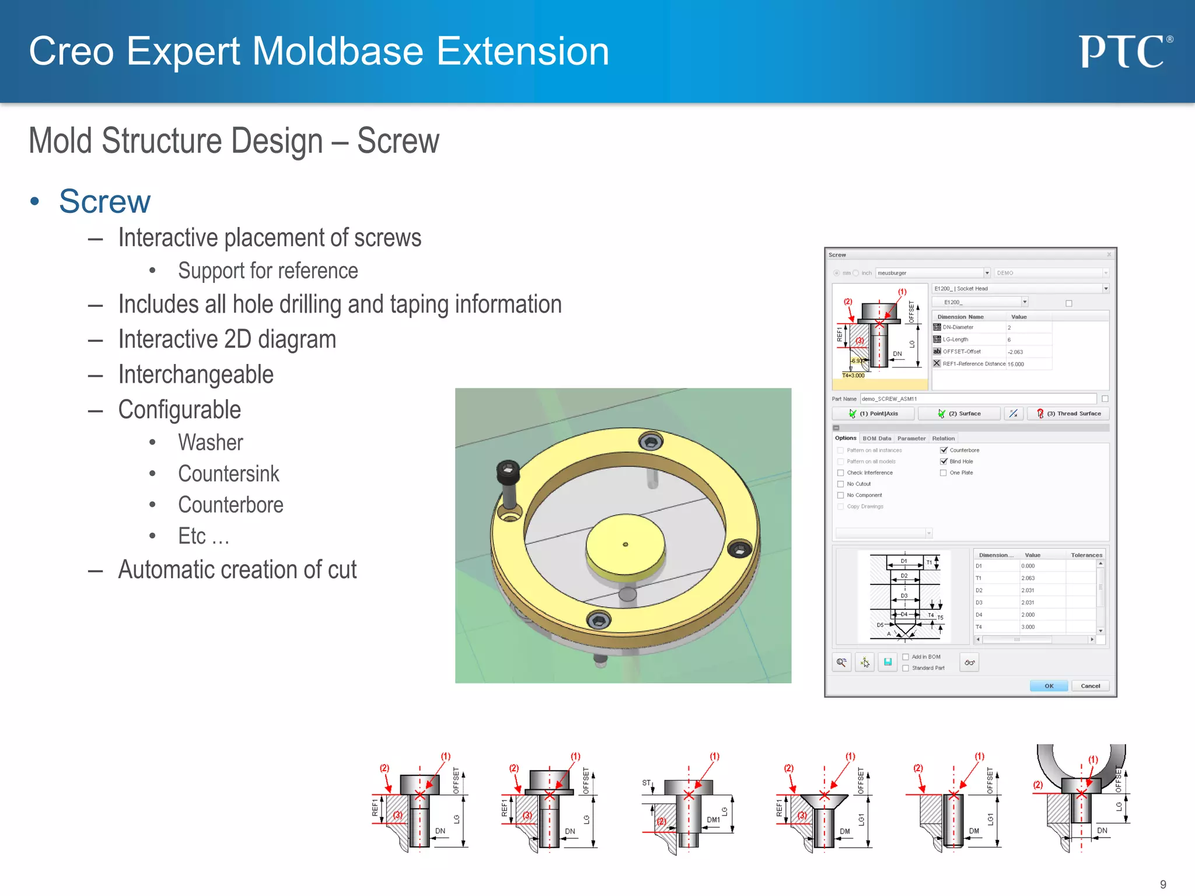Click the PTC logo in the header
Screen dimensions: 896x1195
1125,51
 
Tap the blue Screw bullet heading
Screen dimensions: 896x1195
104,201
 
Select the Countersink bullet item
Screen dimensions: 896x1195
228,474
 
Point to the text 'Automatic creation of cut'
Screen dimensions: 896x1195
237,569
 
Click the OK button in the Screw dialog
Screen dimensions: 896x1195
1049,686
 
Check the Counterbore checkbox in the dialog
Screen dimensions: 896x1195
944,450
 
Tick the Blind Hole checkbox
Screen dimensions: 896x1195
944,461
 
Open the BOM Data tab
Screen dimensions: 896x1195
876,439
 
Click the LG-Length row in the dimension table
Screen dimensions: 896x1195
969,339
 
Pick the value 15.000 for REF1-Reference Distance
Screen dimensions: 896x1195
1016,364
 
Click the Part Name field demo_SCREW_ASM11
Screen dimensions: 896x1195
977,399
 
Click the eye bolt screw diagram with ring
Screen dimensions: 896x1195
1081,799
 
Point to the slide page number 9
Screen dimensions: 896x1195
1162,884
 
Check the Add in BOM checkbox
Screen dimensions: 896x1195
906,657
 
